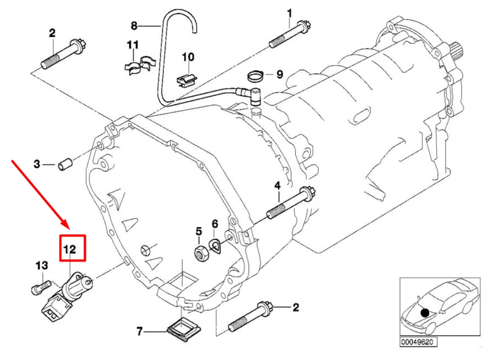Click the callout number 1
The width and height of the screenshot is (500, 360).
tap(290, 13)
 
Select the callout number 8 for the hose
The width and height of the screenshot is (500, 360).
tap(134, 25)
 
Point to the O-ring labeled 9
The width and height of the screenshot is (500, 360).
tap(255, 76)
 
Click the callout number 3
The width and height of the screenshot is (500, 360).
tap(36, 165)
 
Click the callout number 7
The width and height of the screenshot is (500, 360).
tap(139, 331)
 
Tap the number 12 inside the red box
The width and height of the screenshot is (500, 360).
tap(70, 250)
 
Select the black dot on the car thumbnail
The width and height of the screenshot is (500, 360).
tap(426, 313)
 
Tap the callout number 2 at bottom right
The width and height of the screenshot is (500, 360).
tap(295, 307)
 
